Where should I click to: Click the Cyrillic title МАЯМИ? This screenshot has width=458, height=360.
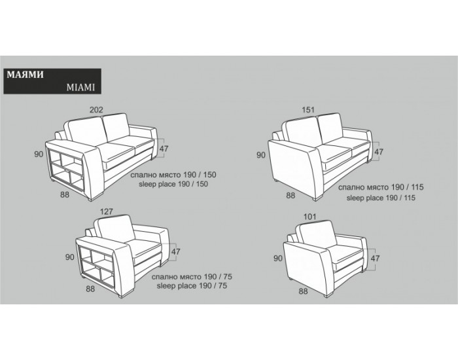click(x=25, y=75)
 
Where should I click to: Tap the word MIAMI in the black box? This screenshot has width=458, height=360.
click(x=80, y=87)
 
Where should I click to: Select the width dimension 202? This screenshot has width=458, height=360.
click(x=96, y=110)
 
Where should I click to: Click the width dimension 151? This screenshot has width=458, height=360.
click(x=308, y=110)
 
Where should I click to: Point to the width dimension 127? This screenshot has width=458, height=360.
click(x=106, y=211)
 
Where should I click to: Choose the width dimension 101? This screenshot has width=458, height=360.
click(x=310, y=217)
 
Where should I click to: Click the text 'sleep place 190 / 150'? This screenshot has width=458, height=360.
click(x=173, y=184)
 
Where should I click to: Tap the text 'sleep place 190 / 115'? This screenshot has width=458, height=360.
click(x=381, y=198)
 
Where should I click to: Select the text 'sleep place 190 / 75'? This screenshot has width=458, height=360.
click(x=192, y=286)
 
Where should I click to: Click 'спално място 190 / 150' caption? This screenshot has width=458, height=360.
click(x=173, y=175)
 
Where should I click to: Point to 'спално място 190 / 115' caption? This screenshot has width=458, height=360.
click(x=381, y=187)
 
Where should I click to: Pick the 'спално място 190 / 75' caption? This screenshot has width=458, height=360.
click(x=192, y=276)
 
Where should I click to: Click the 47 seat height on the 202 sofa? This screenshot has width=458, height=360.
click(x=164, y=149)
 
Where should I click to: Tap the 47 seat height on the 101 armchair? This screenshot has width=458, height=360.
click(x=375, y=259)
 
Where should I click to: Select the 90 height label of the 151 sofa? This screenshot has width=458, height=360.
click(x=261, y=155)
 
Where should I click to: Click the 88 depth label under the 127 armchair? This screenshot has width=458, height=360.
click(x=90, y=289)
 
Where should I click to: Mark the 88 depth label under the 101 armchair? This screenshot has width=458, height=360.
click(x=303, y=291)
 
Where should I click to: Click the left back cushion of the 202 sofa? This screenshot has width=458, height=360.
click(x=87, y=132)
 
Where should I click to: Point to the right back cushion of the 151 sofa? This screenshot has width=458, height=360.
click(x=332, y=128)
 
